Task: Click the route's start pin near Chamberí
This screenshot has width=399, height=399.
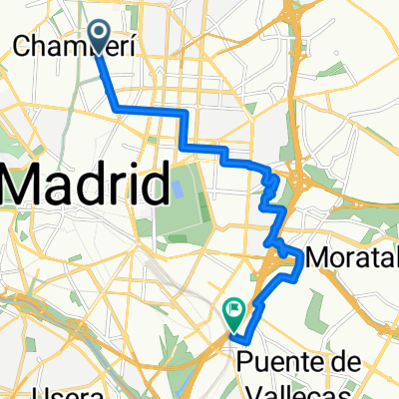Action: click(101, 34)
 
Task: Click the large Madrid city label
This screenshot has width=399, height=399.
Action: click(84, 186)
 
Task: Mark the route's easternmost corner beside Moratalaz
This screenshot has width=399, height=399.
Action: click(302, 257)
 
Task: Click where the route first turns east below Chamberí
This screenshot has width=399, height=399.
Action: click(119, 107)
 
